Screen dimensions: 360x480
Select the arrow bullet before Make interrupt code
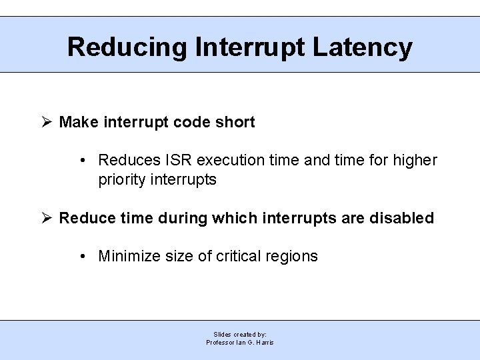[47, 122]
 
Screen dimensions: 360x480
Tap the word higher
[415, 160]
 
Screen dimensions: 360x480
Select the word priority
[121, 179]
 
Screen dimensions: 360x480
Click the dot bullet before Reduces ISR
[81, 161]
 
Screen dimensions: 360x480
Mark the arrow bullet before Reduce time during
[47, 218]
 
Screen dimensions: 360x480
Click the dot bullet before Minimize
[81, 257]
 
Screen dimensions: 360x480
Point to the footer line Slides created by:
[240, 334]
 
